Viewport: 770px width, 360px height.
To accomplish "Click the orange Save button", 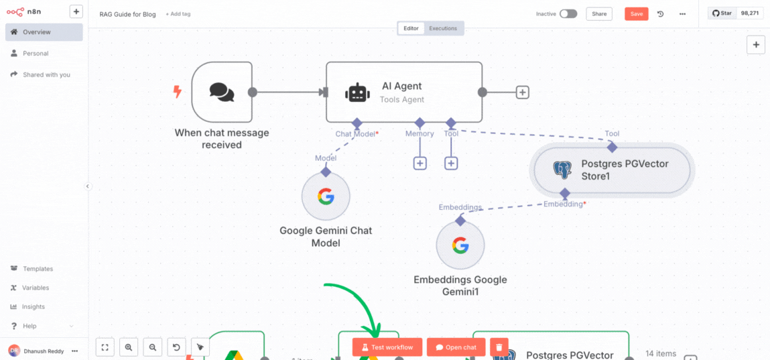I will point(636,14).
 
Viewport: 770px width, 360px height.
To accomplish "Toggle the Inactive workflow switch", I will point(568,14).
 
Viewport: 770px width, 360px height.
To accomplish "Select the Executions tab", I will point(443,28).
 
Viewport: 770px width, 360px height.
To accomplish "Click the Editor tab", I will point(411,28).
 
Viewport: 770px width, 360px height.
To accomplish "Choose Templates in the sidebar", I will point(38,269).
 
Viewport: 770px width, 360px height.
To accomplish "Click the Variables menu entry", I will point(36,288).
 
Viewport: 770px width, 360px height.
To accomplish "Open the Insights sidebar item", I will point(34,306).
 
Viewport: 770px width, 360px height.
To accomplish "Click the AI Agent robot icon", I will point(357,93).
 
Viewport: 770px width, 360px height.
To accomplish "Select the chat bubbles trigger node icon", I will point(222,92).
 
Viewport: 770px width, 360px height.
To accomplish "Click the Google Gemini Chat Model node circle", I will point(326,196).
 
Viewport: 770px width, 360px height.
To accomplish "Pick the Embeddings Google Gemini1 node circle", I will point(460,245).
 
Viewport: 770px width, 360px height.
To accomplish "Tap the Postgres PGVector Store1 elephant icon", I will point(562,170).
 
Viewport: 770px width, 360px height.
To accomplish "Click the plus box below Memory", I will point(420,163).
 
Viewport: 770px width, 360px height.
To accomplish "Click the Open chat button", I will point(456,347).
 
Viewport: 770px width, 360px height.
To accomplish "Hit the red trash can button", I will point(499,347).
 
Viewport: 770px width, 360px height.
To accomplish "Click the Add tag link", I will point(178,14).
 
